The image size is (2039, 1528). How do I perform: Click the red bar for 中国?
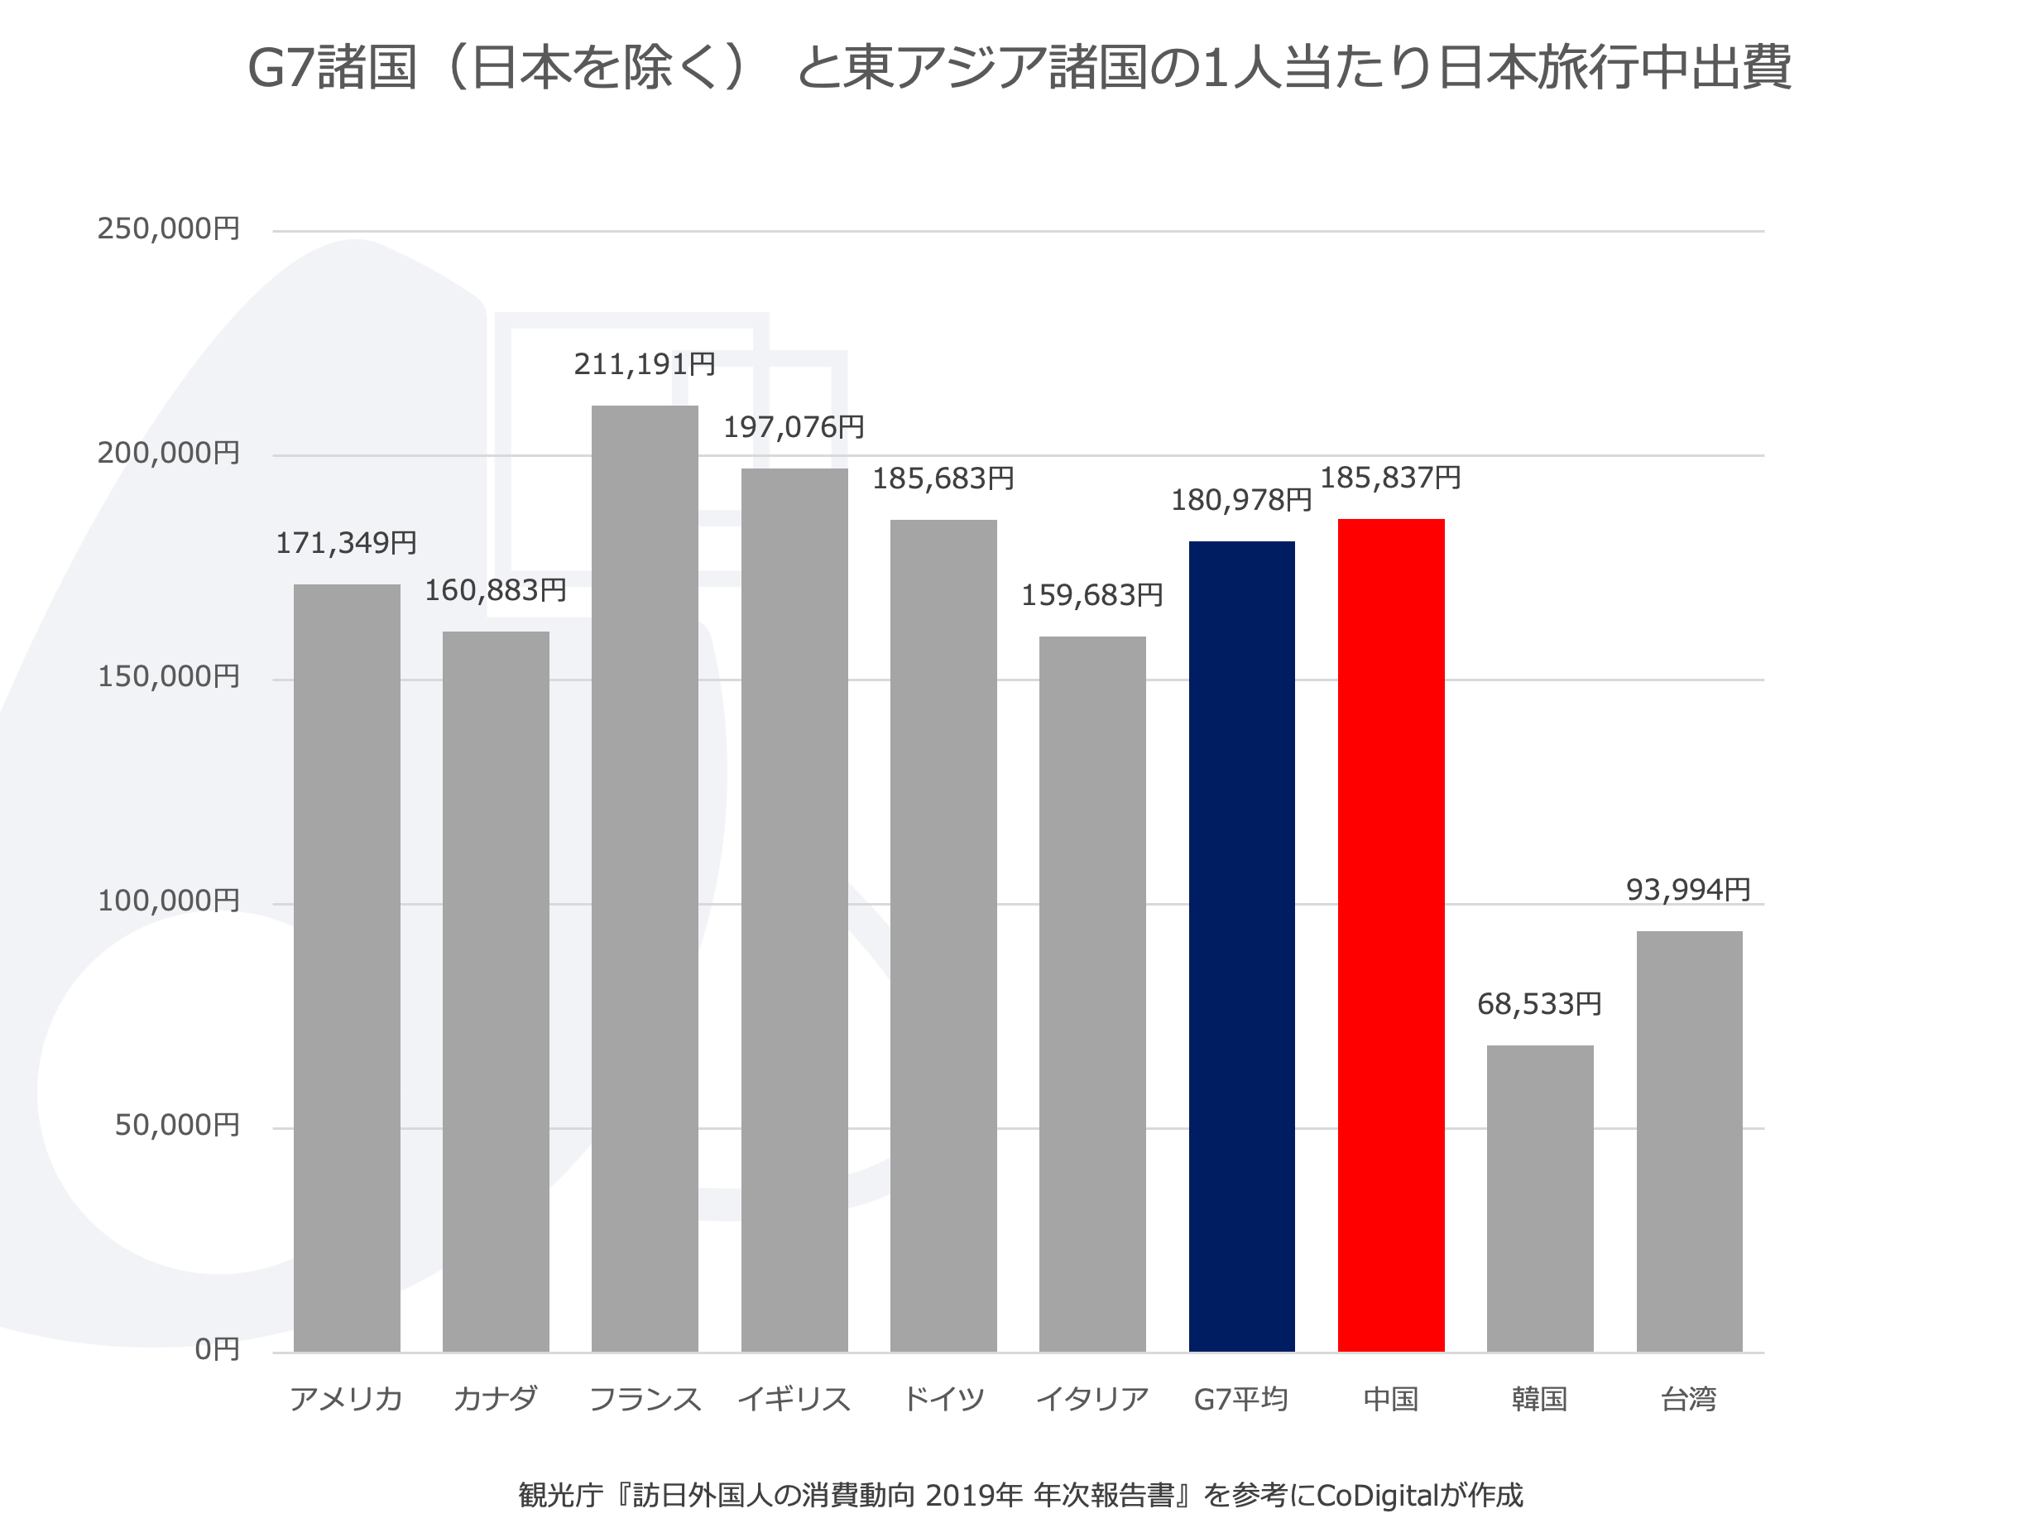coord(1390,935)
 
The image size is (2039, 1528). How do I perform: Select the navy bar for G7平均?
coord(1240,946)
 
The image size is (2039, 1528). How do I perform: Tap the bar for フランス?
coord(645,878)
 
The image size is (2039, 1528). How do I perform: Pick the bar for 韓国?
coord(1539,1198)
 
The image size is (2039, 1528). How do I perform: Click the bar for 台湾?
coord(1689,1141)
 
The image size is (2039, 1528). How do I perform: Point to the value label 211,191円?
coord(645,364)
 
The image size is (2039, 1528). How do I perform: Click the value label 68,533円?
coord(1538,1003)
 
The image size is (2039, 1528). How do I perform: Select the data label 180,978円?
coord(1240,500)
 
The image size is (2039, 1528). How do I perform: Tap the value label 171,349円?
coord(346,542)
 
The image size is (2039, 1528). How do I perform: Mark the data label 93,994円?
coord(1688,889)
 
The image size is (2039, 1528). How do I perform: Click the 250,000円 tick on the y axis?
coord(169,228)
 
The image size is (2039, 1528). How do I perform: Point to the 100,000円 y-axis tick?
coord(169,900)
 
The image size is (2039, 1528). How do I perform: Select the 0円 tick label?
coord(217,1349)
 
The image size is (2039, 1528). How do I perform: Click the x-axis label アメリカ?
coord(346,1399)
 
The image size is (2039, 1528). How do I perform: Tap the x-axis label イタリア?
coord(1092,1399)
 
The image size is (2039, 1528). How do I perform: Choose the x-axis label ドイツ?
coord(943,1399)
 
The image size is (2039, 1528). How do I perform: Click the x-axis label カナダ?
coord(495,1399)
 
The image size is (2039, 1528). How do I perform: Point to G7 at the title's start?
coord(281,68)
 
